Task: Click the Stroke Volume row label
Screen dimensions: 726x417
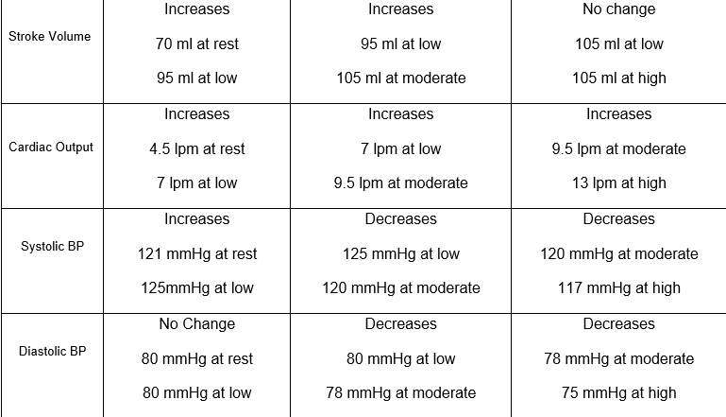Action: [49, 36]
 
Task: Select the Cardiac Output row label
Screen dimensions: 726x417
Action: [51, 148]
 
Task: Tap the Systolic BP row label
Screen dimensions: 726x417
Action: [52, 246]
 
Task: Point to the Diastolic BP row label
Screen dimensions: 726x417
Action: [52, 351]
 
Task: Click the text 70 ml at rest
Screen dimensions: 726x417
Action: [196, 43]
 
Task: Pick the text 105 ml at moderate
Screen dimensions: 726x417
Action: [401, 78]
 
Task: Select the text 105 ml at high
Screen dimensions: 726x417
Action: [619, 78]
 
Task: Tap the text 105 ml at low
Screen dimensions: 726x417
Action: [619, 43]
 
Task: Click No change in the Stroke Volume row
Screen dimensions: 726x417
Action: [619, 9]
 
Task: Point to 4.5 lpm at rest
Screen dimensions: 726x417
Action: [196, 148]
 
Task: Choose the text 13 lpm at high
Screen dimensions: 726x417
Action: [619, 182]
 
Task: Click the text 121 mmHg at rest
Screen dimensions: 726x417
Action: [196, 253]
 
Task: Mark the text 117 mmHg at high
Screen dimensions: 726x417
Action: [619, 287]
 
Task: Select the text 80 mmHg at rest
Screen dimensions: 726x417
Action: [196, 358]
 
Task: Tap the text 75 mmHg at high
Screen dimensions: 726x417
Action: [619, 392]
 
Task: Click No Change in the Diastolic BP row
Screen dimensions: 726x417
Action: [196, 323]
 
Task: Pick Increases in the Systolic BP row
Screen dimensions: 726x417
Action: [196, 219]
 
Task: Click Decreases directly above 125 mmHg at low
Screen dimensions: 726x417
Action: [401, 219]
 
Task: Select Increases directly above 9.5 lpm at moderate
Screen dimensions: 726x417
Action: [619, 114]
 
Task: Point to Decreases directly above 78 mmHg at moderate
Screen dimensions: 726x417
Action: [619, 323]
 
